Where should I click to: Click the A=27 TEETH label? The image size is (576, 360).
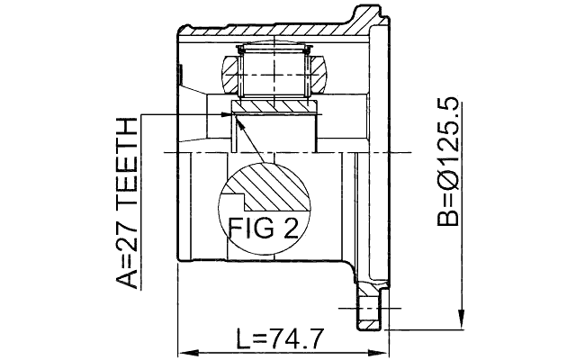point(130,202)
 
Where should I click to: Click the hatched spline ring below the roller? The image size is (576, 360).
point(275,107)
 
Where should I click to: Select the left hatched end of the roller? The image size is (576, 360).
point(229,74)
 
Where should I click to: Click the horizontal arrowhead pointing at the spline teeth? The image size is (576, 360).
point(225,113)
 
